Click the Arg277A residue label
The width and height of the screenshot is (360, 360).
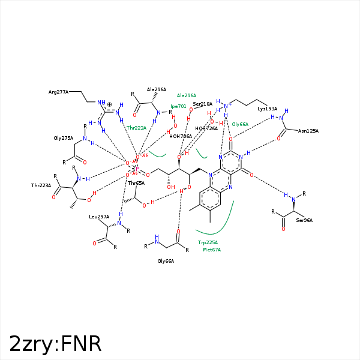click(58, 92)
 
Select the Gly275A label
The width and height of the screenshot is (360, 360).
click(63, 138)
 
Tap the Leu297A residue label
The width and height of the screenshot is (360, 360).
click(99, 217)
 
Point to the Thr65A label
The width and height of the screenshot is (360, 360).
click(136, 183)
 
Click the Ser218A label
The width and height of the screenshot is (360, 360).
click(203, 104)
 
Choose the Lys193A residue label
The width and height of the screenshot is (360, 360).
click(267, 109)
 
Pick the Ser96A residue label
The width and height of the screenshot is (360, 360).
click(304, 220)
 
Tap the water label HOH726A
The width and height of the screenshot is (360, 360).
click(207, 128)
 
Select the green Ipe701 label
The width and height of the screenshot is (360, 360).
click(178, 106)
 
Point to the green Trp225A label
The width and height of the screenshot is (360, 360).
click(208, 242)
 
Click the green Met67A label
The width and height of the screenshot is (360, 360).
click(212, 250)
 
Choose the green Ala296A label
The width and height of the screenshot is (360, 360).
click(187, 95)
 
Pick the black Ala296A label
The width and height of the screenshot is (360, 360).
click(157, 89)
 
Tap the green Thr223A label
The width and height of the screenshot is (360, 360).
click(136, 128)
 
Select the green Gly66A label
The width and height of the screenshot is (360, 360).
click(240, 124)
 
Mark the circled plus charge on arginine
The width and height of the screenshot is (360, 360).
click(109, 104)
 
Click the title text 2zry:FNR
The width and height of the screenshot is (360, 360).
click(55, 344)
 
